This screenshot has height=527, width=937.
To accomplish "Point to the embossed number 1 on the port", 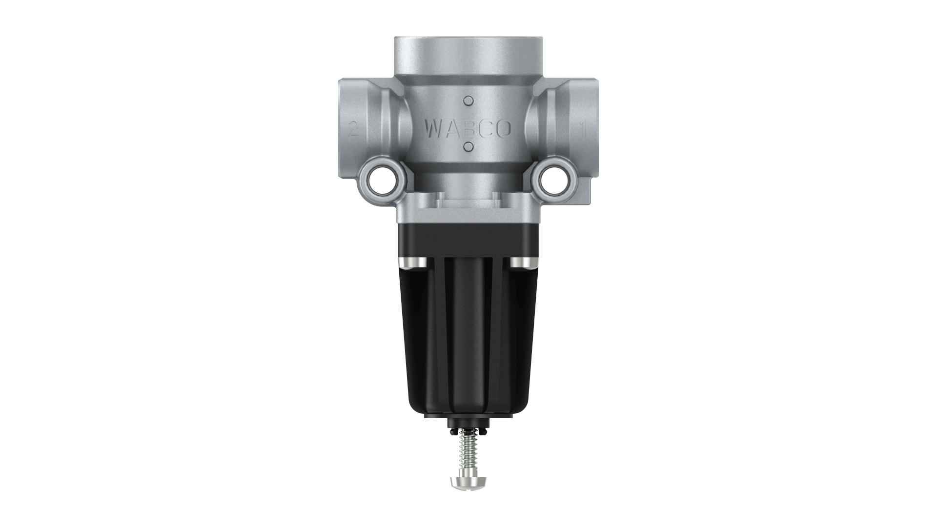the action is point(582,129).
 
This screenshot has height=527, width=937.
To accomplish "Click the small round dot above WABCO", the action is point(468,101).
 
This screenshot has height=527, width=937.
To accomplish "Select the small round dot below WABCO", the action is point(468,146).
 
